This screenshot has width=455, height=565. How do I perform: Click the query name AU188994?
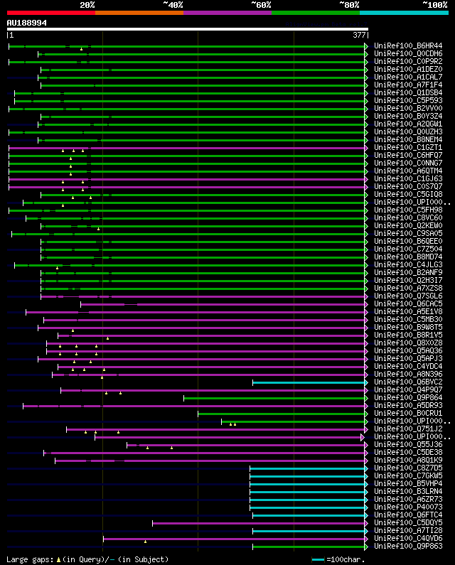point(27,23)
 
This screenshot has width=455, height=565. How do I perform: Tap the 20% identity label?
point(87,5)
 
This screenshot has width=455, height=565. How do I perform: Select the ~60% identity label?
point(261,5)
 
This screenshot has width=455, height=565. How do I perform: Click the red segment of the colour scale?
point(50,13)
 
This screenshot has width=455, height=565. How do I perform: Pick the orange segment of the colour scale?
point(139,13)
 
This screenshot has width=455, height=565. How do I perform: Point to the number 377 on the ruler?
point(359,35)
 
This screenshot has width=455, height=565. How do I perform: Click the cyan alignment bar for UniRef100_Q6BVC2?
point(309,382)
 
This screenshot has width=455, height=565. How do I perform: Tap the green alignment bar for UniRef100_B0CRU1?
point(282,414)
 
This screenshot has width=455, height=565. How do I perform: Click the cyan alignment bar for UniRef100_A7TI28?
point(309,531)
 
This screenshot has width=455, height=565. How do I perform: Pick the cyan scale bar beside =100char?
point(318,559)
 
